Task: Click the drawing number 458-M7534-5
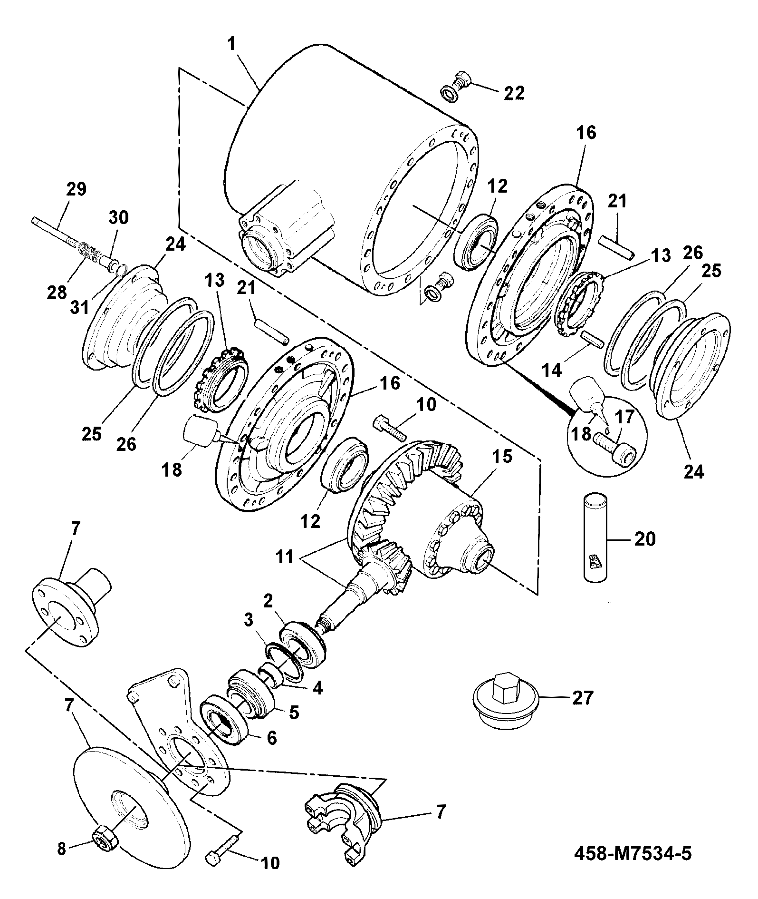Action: [633, 853]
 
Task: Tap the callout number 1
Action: [231, 46]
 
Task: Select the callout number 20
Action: [645, 539]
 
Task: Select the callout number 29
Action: [76, 189]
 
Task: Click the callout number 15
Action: [502, 457]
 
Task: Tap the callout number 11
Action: [285, 557]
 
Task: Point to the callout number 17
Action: [624, 418]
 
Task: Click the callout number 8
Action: [61, 849]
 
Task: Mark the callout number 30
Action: [119, 218]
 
